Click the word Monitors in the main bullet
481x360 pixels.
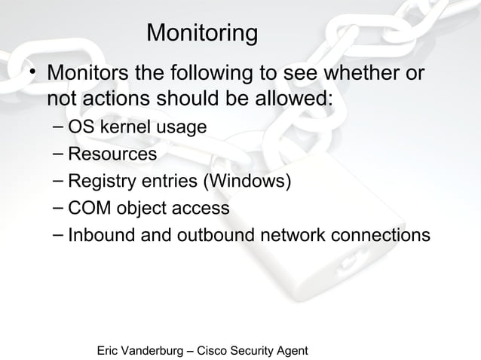click(89, 75)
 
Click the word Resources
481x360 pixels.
click(112, 154)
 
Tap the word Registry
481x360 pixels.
click(101, 182)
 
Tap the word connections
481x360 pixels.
click(378, 235)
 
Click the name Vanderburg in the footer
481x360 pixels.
click(161, 351)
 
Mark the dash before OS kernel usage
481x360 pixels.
click(59, 126)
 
